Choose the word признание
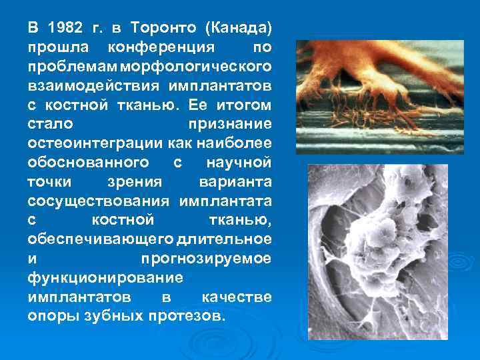pyautogui.click(x=230, y=125)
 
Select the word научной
pyautogui.click(x=239, y=163)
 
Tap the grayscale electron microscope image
pyautogui.click(x=378, y=252)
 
